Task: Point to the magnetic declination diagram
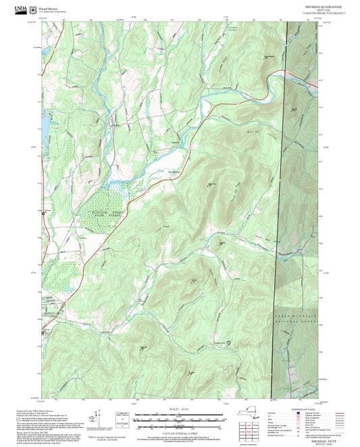101,419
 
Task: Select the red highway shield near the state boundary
313,84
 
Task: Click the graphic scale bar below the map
179,420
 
